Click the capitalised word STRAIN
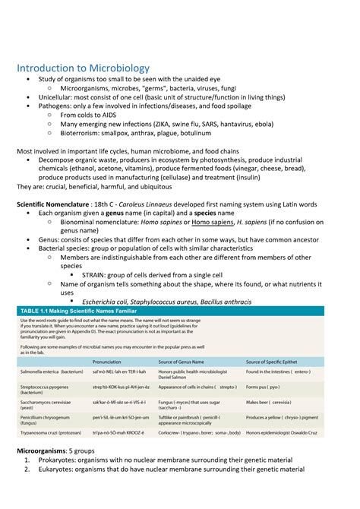tap(96, 275)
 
